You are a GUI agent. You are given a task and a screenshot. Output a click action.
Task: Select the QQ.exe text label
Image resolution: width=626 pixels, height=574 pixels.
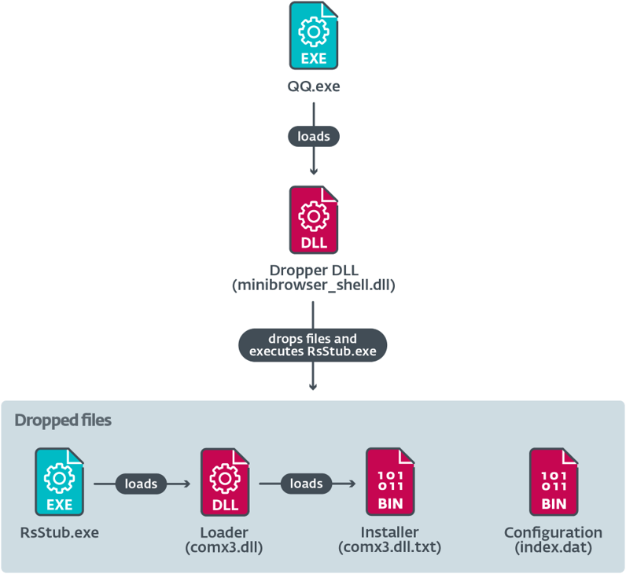[313, 86]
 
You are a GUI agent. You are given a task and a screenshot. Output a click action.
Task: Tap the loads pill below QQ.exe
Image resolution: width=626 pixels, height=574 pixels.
[313, 136]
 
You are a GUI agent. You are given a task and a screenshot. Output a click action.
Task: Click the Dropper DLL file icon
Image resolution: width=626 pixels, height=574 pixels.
[313, 221]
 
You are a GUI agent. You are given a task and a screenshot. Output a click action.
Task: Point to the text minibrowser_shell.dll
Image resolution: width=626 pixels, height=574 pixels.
[313, 286]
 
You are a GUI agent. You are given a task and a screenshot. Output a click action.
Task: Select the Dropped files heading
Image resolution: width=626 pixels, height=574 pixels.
[63, 421]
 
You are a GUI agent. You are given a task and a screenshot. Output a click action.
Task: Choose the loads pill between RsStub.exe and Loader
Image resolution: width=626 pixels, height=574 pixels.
[142, 484]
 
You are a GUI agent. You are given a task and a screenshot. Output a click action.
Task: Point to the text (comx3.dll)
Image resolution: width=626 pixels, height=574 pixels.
[224, 546]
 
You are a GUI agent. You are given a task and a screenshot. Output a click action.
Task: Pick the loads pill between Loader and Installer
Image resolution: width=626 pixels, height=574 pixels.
[307, 484]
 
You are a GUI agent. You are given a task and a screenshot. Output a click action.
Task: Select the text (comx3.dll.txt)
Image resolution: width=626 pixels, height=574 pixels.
[389, 546]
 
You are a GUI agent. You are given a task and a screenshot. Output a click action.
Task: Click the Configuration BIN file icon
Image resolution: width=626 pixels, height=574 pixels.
[553, 482]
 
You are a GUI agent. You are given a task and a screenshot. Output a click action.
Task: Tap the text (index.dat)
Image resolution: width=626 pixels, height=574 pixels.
[553, 546]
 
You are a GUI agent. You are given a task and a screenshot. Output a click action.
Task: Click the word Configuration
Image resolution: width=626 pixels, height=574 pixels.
[553, 532]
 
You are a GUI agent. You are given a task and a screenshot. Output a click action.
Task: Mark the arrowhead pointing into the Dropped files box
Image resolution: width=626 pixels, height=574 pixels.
[313, 386]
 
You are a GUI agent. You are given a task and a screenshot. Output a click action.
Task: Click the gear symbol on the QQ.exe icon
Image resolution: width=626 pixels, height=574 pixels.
[314, 31]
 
